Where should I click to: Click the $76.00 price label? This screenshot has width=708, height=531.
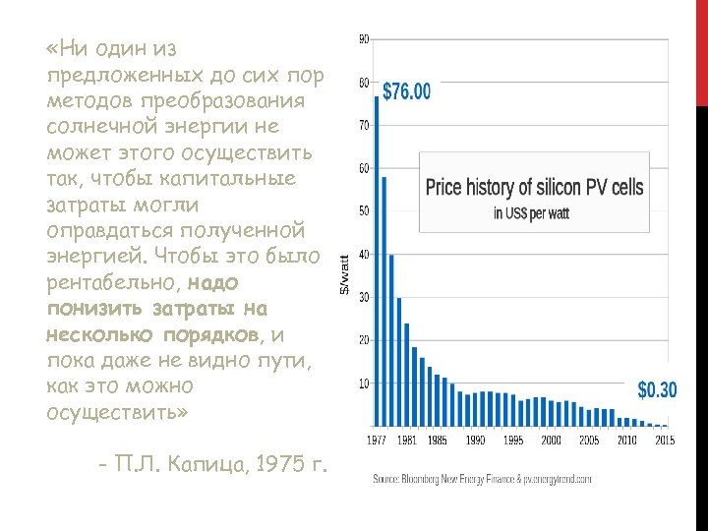[405, 92]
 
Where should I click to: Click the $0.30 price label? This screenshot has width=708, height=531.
[657, 390]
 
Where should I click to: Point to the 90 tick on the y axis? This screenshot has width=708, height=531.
[364, 39]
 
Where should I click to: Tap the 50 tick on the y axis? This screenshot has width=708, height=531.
[364, 210]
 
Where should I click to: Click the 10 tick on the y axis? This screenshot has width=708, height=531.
[364, 383]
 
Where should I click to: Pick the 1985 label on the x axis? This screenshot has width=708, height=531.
[437, 441]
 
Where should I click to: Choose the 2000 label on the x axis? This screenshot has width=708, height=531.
[551, 441]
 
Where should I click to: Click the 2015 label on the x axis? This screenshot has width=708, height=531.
[664, 441]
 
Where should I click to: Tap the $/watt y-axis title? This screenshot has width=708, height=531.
[344, 275]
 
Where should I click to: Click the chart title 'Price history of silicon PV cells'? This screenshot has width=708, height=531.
[534, 187]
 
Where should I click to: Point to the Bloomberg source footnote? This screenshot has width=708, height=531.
[482, 480]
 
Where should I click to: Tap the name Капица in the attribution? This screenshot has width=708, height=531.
[203, 463]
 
